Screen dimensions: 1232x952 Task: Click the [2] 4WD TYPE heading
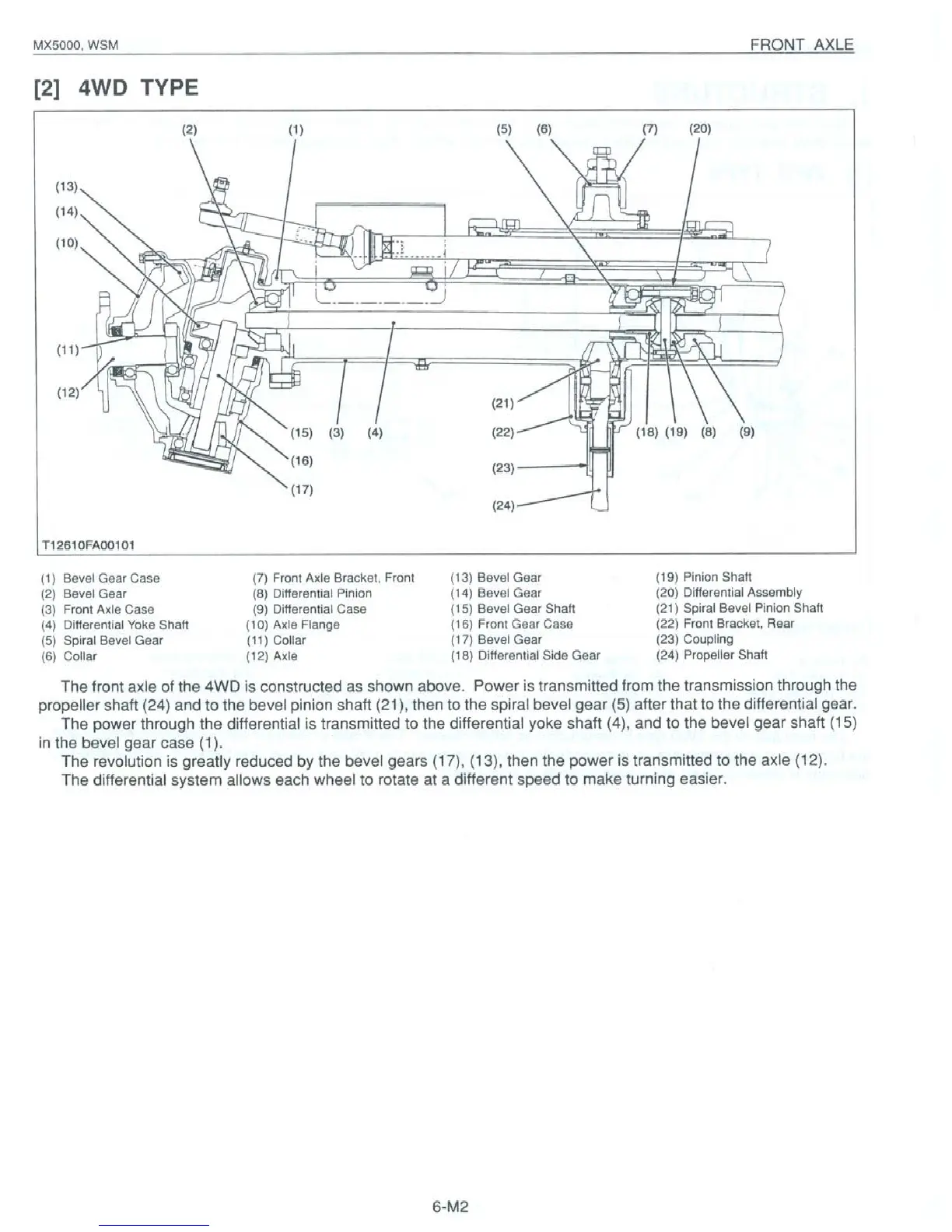point(115,87)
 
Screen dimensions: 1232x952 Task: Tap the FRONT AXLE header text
point(801,45)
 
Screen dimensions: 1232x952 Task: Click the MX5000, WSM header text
point(75,45)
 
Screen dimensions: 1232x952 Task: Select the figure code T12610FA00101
point(89,544)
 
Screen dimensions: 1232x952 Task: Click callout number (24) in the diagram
point(503,506)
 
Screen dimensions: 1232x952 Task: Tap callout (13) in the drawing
point(67,186)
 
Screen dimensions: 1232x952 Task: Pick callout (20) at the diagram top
point(700,129)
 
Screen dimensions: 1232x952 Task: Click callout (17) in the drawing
point(301,490)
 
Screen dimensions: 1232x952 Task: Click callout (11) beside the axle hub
point(67,349)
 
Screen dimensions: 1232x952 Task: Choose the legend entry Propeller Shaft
point(725,655)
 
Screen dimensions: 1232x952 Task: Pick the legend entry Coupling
point(708,639)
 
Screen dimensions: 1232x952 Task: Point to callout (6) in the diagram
point(543,129)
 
